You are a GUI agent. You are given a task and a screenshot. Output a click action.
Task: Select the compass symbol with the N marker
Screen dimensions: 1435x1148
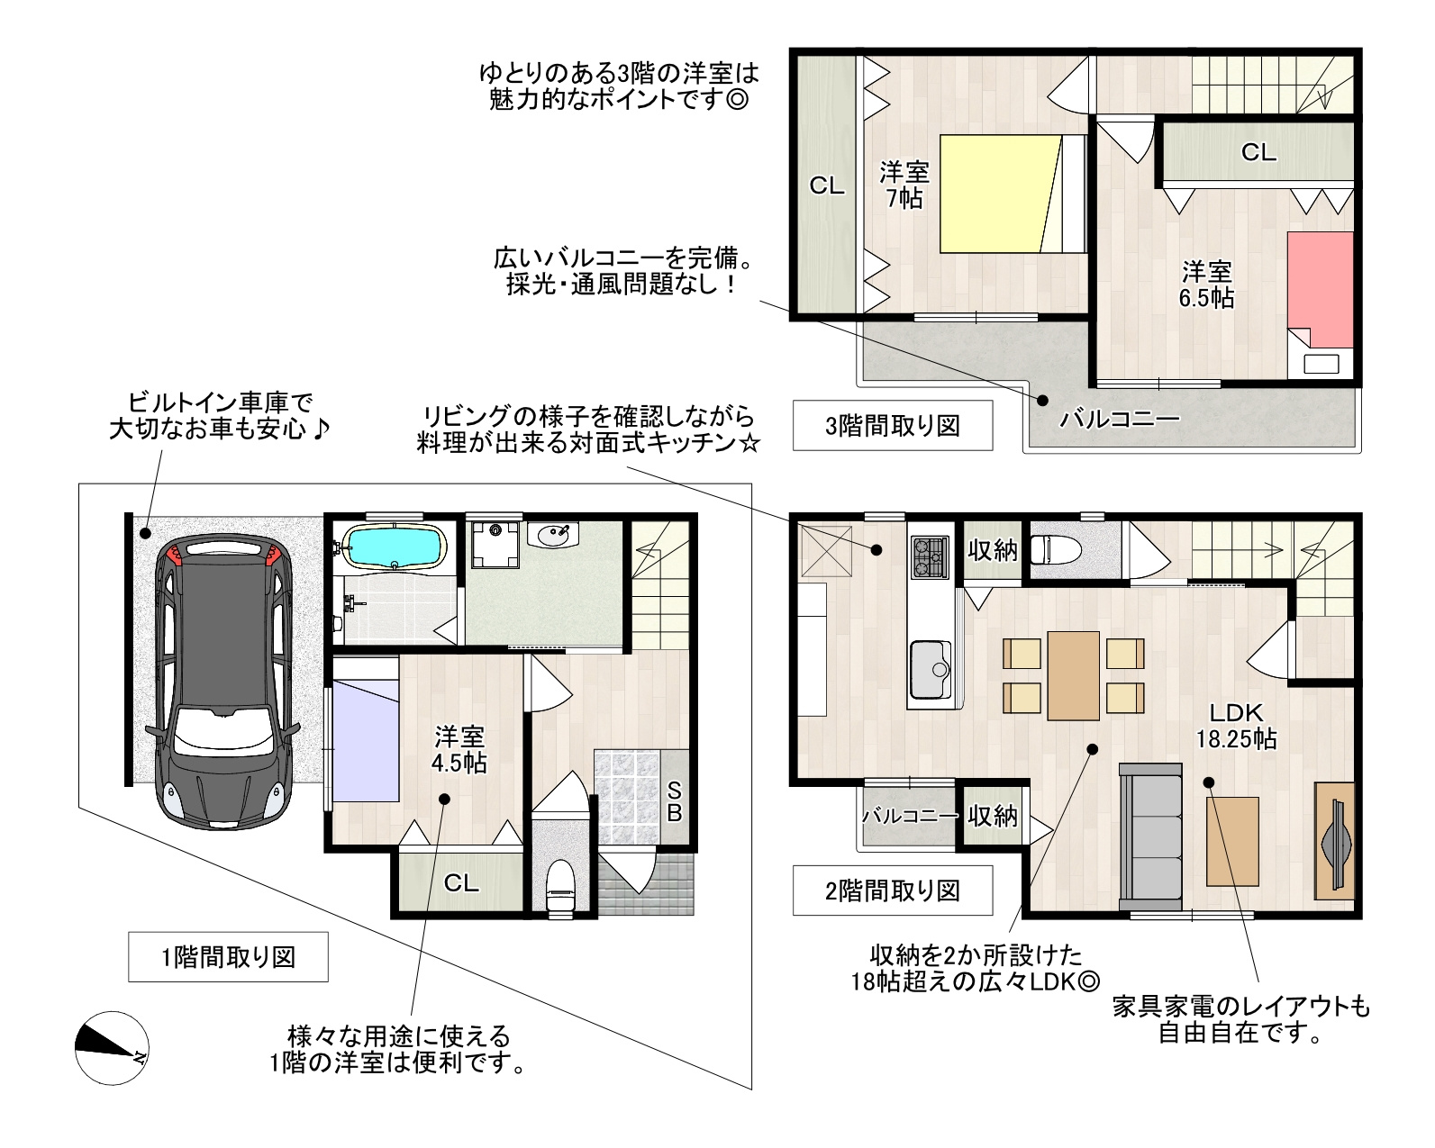(112, 1048)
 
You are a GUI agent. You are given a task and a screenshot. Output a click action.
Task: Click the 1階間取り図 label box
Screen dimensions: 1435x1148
(228, 956)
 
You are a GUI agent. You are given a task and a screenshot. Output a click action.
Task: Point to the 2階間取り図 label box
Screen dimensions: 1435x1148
(892, 890)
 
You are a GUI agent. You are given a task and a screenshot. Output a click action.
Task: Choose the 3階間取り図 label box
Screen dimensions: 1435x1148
(892, 425)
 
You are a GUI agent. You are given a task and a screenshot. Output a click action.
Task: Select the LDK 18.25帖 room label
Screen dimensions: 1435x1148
(1236, 726)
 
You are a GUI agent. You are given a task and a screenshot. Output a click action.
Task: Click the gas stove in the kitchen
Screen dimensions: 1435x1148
(929, 556)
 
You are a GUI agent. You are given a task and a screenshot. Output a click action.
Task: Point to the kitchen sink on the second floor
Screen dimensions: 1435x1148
(931, 669)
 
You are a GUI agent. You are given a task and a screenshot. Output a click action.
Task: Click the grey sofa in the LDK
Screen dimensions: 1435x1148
(1150, 836)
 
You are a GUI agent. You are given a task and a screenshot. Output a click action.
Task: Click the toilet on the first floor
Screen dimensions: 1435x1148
(560, 886)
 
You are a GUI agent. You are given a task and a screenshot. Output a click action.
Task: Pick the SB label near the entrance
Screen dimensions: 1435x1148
(674, 801)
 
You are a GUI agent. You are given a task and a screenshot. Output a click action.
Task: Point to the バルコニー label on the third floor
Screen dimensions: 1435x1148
(1120, 419)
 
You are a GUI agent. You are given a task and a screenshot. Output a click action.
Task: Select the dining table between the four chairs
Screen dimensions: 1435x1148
(1073, 676)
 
